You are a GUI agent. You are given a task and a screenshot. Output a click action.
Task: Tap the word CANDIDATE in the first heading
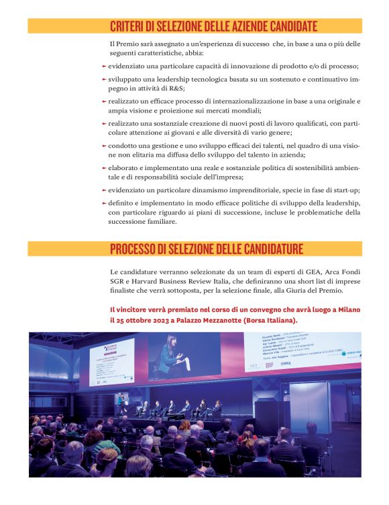pos(282,27)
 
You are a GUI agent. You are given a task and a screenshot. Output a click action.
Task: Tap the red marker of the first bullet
pos(104,66)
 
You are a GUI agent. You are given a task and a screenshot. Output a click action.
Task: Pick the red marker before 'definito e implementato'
pos(104,203)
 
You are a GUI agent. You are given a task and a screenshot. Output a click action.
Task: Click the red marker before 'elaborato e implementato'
pos(104,168)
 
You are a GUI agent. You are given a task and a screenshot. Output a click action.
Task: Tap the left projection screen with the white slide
pos(111,362)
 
